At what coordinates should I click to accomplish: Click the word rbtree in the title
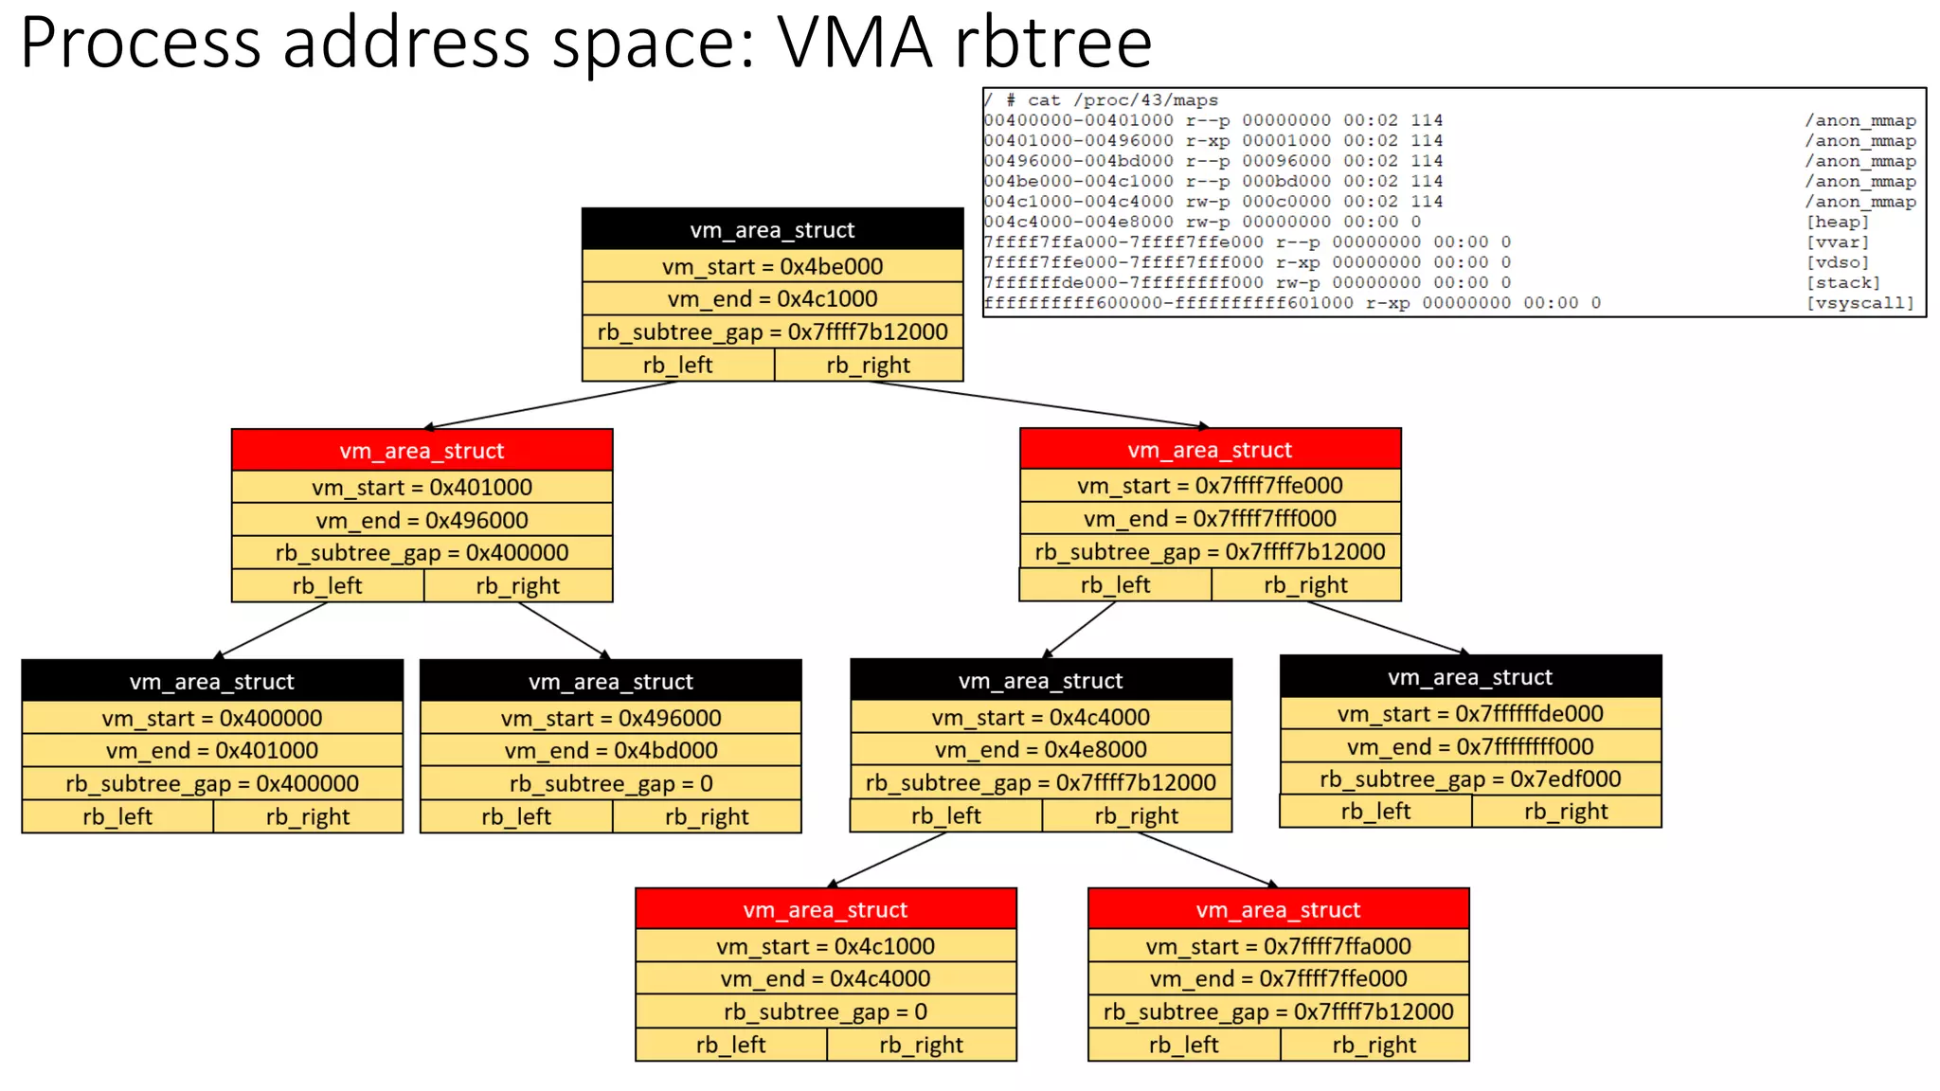[1051, 44]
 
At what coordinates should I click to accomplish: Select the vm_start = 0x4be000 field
[772, 266]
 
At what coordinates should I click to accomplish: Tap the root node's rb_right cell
[868, 366]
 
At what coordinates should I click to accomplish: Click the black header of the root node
[772, 230]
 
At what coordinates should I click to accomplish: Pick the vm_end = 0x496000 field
[422, 520]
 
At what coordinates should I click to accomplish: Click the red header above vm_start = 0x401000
[422, 451]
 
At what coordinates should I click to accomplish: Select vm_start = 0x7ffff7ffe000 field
[1210, 486]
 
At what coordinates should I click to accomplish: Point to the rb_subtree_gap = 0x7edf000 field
[1470, 779]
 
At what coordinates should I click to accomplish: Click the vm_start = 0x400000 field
[212, 718]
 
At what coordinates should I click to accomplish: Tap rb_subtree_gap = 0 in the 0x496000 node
[611, 784]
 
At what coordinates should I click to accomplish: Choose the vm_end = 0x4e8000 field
[1040, 750]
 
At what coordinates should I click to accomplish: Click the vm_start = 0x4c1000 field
[825, 946]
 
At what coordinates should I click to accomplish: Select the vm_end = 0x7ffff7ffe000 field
[1278, 979]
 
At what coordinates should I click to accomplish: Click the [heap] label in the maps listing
[1837, 222]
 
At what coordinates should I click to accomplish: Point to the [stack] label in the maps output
[1842, 282]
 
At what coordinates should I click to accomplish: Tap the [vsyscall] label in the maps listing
[1859, 303]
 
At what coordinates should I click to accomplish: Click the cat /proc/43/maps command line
[1112, 100]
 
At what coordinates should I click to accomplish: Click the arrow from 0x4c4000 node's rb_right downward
[1208, 860]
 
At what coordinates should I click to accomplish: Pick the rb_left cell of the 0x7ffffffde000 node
[1374, 812]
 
